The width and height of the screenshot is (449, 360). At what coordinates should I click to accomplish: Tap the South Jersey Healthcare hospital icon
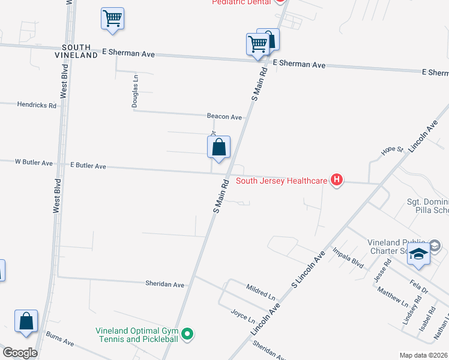click(337, 179)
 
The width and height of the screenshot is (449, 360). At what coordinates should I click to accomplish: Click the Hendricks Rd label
click(37, 104)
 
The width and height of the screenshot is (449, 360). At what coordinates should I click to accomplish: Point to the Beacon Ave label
click(224, 116)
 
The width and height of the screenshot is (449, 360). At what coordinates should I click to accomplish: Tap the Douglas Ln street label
click(136, 91)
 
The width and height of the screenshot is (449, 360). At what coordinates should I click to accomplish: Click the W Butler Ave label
click(34, 162)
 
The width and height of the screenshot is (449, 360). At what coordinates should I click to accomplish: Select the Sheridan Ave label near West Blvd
click(165, 284)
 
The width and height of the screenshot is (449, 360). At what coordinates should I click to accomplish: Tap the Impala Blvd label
click(349, 257)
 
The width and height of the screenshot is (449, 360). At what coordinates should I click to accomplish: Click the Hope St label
click(391, 150)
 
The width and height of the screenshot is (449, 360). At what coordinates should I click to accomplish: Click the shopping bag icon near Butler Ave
click(219, 147)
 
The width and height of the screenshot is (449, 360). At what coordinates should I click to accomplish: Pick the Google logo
click(20, 353)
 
